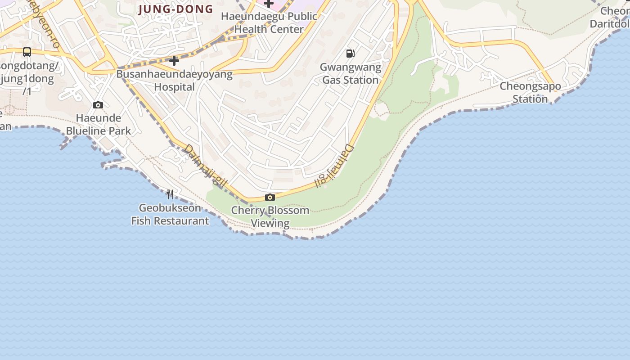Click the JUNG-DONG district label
[175, 9]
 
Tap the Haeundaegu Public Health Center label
[269, 22]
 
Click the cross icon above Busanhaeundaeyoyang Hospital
[174, 60]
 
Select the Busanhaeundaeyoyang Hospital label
[175, 80]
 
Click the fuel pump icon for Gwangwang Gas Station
[350, 54]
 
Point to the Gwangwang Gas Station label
[351, 73]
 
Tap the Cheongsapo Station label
[530, 92]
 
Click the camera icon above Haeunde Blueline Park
[98, 105]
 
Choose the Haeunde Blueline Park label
[99, 124]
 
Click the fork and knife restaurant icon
[170, 194]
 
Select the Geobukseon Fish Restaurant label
[170, 214]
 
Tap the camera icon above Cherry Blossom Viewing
[270, 197]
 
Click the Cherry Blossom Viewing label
[270, 216]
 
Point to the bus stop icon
[27, 52]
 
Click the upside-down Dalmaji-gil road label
[335, 166]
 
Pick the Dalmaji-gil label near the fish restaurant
[205, 167]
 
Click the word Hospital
[175, 87]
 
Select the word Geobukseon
[170, 208]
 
